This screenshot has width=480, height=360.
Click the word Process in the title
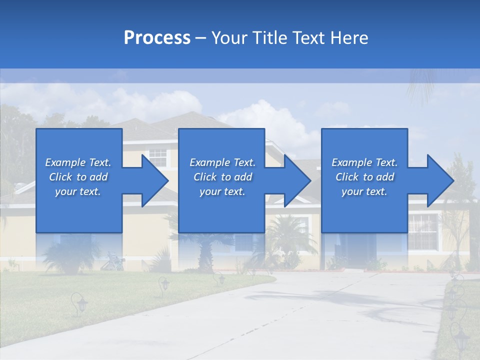[157, 38]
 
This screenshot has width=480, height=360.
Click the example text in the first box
[78, 177]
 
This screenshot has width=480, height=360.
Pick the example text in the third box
[364, 177]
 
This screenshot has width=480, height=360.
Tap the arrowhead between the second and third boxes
[297, 180]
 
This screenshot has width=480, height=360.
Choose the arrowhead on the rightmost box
[440, 180]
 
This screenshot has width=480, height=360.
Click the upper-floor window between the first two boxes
[158, 157]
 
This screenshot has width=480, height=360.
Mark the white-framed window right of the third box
[423, 231]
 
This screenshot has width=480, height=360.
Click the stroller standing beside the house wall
[113, 261]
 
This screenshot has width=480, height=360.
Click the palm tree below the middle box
[205, 250]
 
